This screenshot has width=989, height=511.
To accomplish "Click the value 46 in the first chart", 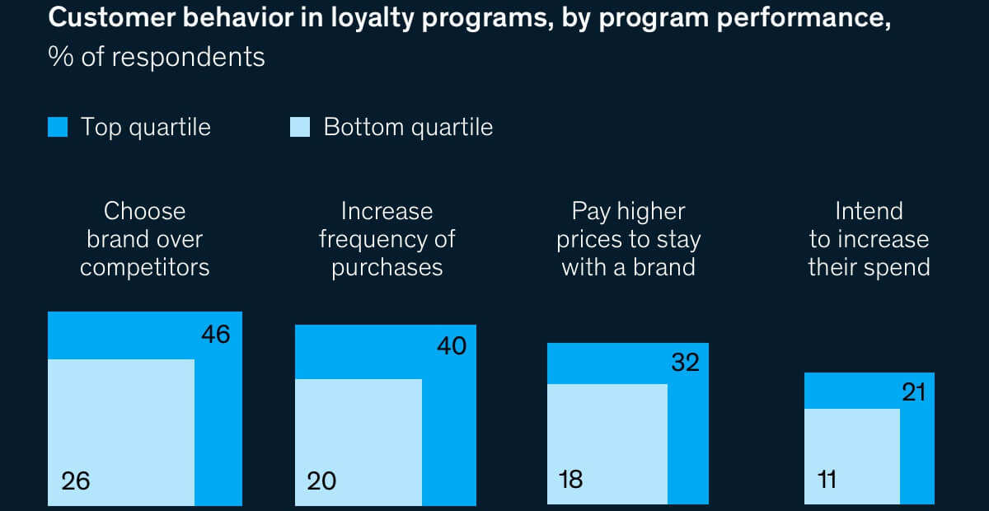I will click(215, 335).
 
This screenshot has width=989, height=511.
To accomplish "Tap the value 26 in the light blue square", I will click(75, 481).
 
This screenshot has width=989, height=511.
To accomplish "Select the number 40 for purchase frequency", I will click(451, 346).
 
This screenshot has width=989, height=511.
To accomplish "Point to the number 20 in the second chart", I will click(321, 481).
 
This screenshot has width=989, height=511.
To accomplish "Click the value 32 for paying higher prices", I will click(685, 362).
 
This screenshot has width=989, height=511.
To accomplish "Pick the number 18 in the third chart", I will click(569, 480).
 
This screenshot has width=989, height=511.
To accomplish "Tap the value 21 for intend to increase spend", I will click(913, 392).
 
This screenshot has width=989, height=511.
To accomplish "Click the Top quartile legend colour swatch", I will click(58, 128).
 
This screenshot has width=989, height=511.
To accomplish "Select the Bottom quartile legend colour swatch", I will click(300, 128).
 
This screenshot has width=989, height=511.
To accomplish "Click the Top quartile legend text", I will click(145, 128).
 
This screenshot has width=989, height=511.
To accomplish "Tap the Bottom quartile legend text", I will click(408, 128).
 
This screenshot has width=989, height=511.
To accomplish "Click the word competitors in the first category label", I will click(145, 267).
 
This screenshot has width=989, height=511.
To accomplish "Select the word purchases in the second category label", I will click(387, 268).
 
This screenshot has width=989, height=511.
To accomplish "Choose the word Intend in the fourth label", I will click(869, 212).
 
